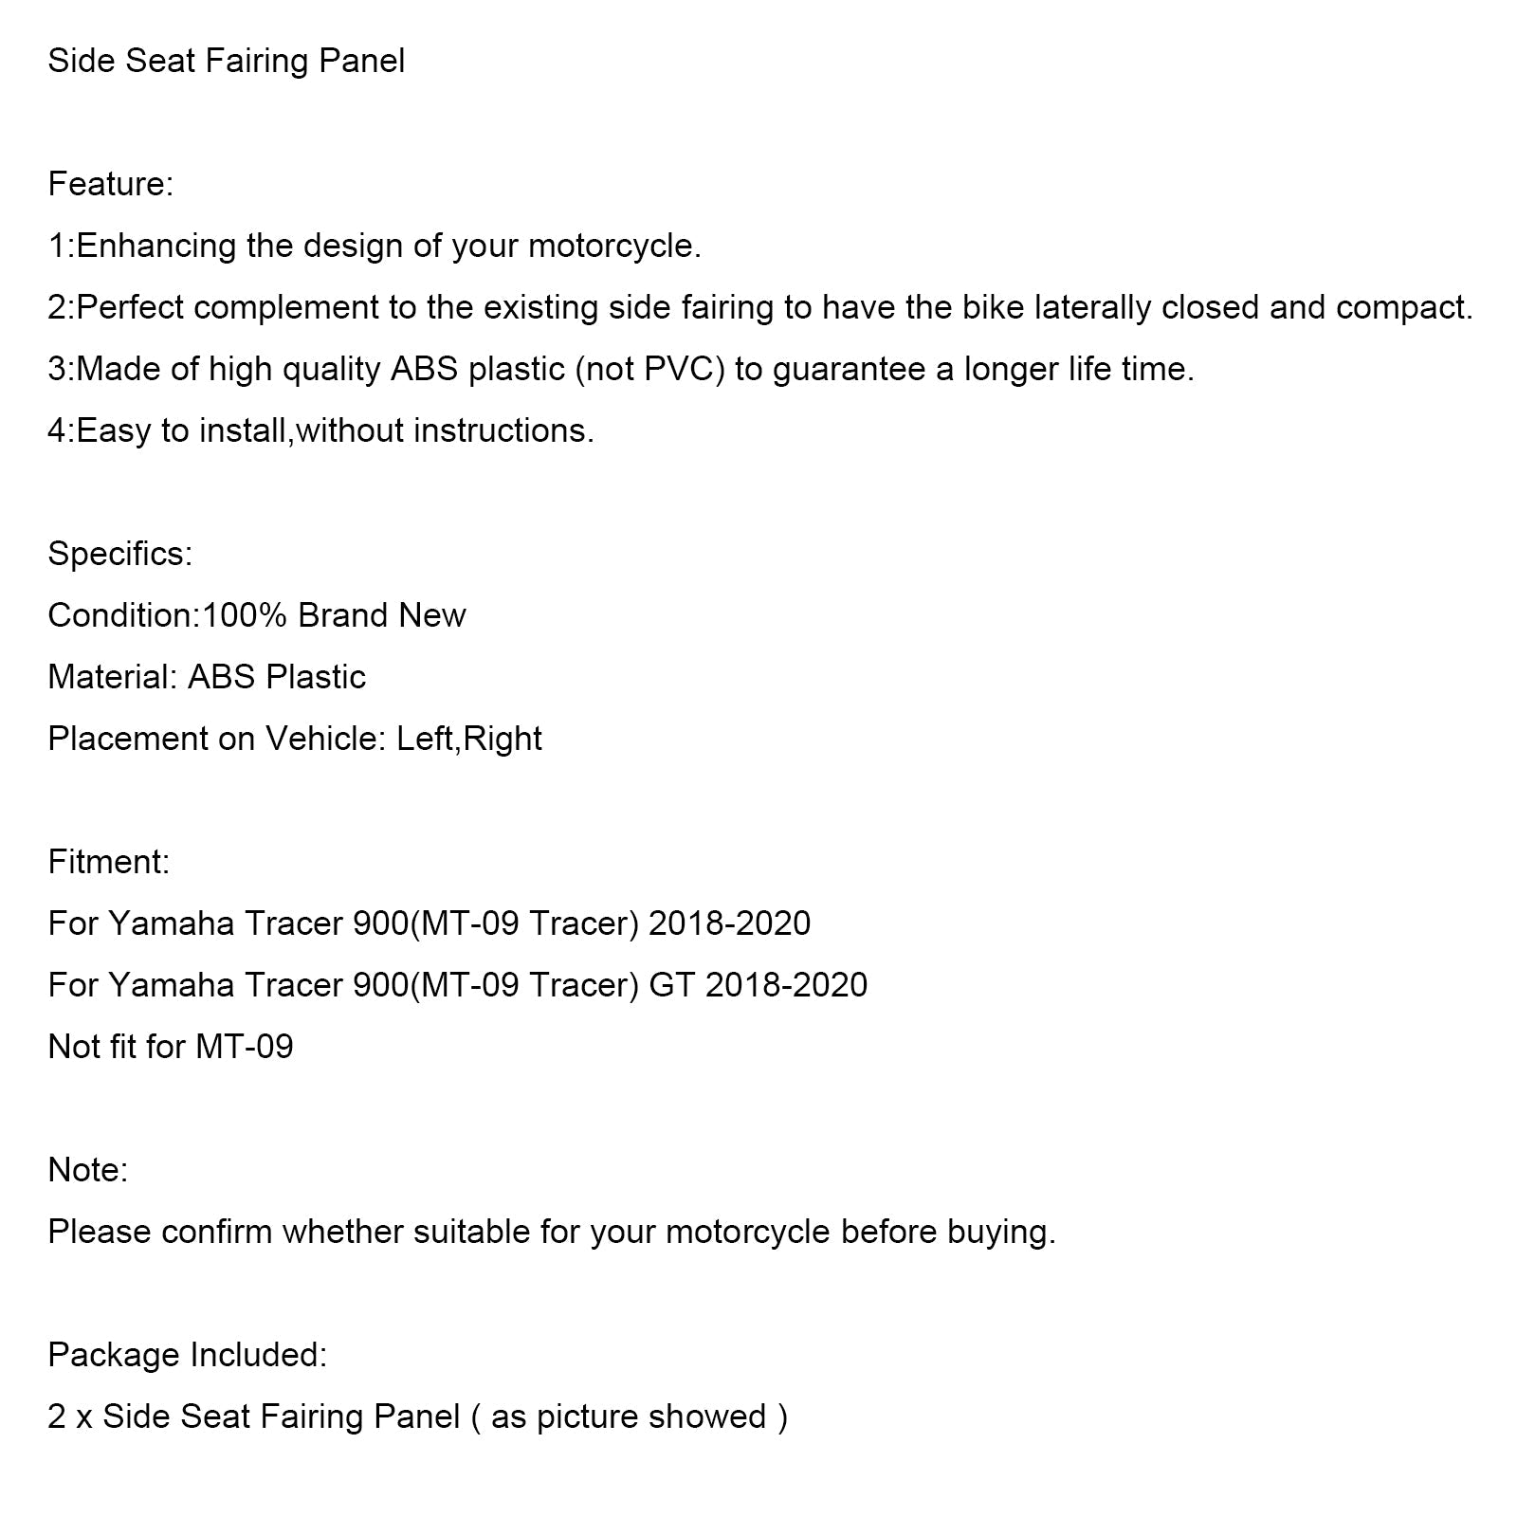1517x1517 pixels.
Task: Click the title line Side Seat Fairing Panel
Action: click(226, 62)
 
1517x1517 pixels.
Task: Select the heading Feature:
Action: click(110, 184)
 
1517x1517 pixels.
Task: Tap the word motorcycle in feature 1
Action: click(613, 247)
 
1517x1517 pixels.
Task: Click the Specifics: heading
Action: click(119, 554)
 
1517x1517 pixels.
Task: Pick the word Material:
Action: click(113, 677)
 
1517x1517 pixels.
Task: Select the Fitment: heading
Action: click(109, 862)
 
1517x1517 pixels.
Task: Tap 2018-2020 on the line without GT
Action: click(729, 923)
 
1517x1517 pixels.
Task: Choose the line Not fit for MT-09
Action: click(171, 1047)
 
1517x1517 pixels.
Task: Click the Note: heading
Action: click(88, 1170)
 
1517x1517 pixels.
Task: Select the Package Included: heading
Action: click(187, 1355)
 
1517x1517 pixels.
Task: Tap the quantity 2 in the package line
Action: click(55, 1416)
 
